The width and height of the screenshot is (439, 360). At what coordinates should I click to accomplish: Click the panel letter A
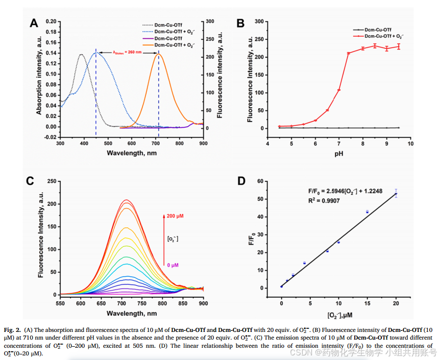[34, 22]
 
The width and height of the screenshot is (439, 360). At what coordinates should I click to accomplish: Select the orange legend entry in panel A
[174, 45]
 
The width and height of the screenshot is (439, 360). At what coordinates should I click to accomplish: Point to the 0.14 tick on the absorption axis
[50, 53]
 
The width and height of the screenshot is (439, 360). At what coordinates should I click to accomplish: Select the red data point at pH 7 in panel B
[339, 90]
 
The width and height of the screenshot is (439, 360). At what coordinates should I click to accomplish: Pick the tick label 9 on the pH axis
[386, 144]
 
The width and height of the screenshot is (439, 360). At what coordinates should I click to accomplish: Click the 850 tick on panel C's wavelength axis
[183, 303]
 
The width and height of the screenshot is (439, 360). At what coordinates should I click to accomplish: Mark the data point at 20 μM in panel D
[396, 194]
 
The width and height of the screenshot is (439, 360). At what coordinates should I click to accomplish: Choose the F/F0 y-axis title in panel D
[251, 238]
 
